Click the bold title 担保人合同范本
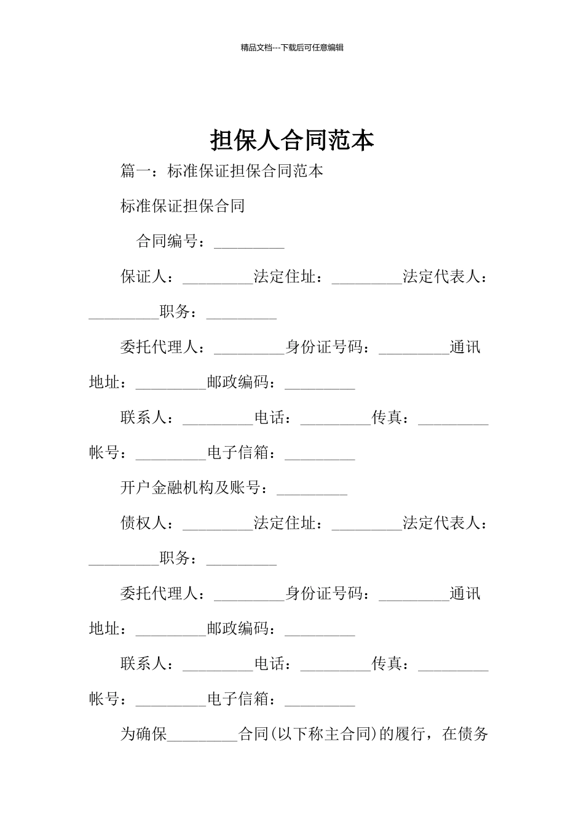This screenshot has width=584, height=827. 292,140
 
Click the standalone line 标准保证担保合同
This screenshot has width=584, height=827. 183,206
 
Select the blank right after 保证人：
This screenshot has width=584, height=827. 218,280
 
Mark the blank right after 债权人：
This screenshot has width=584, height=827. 218,527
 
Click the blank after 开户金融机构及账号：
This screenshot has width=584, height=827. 312,491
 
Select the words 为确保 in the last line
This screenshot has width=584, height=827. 143,734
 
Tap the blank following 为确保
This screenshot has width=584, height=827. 202,737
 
